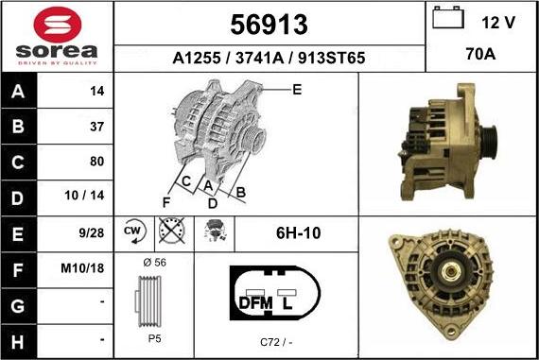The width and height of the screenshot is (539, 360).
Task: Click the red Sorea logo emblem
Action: pyautogui.click(x=58, y=25)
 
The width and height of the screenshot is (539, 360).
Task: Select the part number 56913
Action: pyautogui.click(x=269, y=25)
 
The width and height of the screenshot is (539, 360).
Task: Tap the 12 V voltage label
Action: pyautogui.click(x=498, y=23)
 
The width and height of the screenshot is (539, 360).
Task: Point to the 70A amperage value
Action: pyautogui.click(x=480, y=54)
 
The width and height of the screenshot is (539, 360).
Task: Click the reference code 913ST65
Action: pyautogui.click(x=331, y=58)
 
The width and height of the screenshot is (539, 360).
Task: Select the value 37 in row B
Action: pyautogui.click(x=97, y=127)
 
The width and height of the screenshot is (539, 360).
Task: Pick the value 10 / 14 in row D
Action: pyautogui.click(x=84, y=196)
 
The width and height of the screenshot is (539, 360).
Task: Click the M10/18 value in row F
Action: pyautogui.click(x=82, y=268)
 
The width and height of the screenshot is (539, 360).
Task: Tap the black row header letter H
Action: pyautogui.click(x=18, y=342)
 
